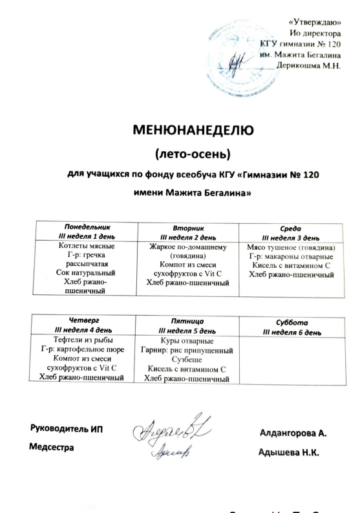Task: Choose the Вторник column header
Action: click(189, 232)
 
